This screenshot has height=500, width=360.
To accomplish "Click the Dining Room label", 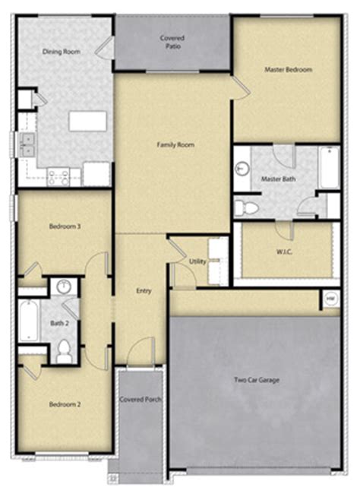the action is pos(62,52).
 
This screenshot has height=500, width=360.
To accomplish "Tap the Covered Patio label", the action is pos(172,42).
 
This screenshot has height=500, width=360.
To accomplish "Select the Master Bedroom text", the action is pos(289,69).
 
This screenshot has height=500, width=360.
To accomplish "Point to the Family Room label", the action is pos(175,145).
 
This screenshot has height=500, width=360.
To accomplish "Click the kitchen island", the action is pos(87,121).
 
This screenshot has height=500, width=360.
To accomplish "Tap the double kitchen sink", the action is pos(27,145).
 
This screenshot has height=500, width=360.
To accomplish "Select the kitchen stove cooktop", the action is pos(58,177).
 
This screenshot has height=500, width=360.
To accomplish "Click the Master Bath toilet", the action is pos(246,208).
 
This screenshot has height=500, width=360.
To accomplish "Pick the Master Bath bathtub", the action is pos(330,168).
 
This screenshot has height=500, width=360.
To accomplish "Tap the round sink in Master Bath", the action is pos(243,169).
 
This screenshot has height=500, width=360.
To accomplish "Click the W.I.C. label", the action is pos(284,252).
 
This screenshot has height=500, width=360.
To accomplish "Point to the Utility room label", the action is pos(197,261).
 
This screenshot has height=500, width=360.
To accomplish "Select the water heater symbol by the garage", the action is pos(330,299).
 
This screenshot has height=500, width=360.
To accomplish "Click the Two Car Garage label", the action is pos(257,380).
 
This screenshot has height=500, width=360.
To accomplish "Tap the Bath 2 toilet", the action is pos(64,351).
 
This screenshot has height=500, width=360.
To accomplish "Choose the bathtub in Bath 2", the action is pos(29,320).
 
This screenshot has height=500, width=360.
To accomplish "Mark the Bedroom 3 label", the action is pos(65,226).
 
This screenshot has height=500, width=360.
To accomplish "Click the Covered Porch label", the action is pos(141,399).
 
